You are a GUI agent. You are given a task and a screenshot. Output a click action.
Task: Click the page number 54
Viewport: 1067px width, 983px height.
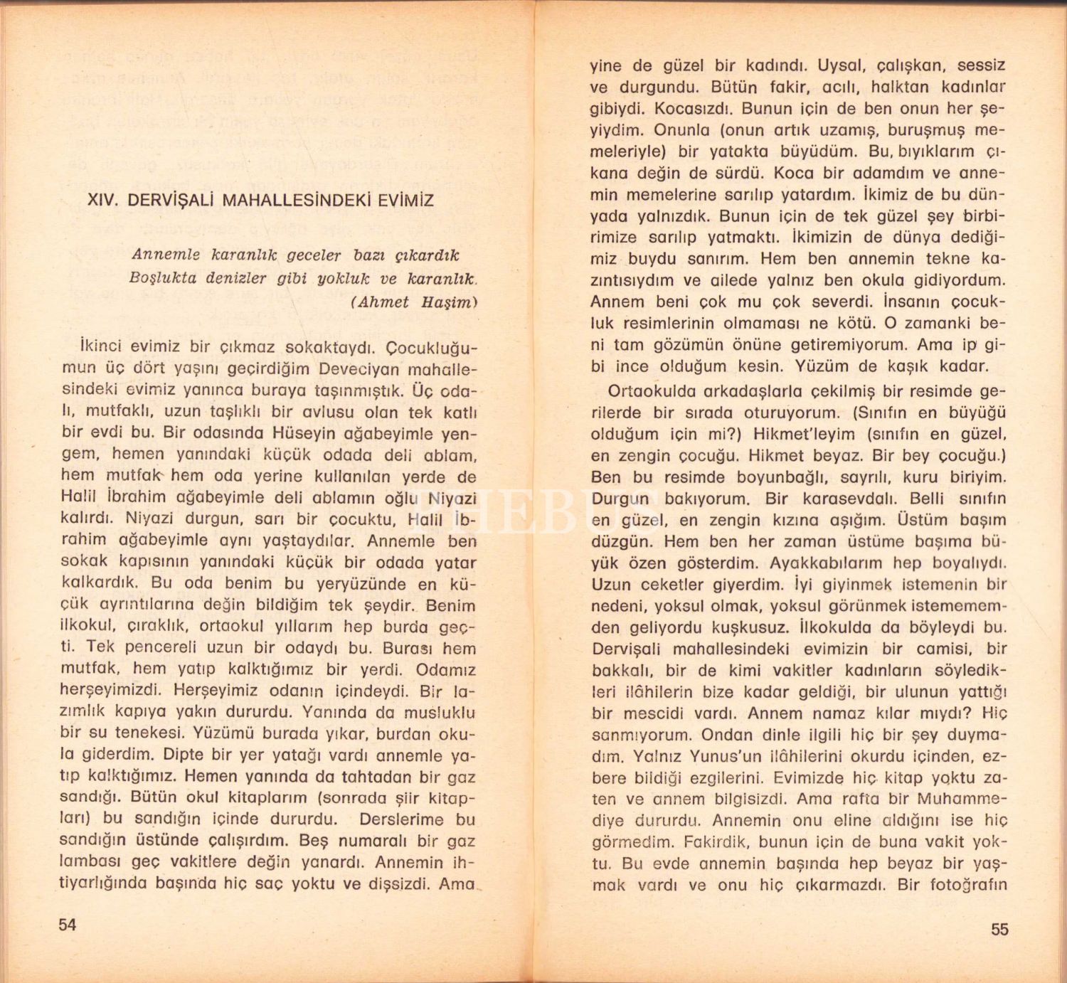[67, 924]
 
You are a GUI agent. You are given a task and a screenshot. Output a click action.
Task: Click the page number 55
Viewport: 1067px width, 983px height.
[999, 929]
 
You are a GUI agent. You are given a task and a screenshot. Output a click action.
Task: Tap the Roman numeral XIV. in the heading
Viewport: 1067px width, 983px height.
[102, 200]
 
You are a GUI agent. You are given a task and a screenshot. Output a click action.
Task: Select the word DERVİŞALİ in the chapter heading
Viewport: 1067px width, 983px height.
[170, 200]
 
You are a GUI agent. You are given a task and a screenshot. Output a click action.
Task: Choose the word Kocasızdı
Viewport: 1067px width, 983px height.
[694, 109]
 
